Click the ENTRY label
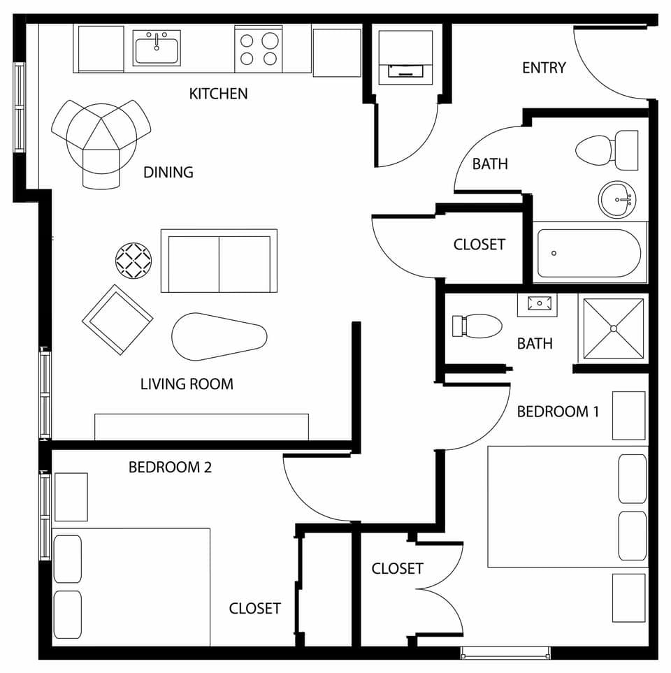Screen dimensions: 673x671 click(x=544, y=68)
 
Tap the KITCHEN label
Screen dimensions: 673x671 click(x=218, y=94)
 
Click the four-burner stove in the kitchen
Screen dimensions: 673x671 click(x=259, y=49)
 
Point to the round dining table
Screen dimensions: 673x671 click(x=101, y=133)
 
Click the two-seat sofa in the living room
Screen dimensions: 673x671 click(x=219, y=261)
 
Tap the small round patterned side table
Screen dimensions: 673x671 click(x=134, y=261)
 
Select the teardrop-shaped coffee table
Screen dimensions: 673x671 click(x=218, y=337)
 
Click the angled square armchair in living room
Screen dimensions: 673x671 click(x=117, y=319)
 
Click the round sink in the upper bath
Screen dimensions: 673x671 click(x=616, y=200)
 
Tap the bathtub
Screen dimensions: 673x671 click(x=589, y=253)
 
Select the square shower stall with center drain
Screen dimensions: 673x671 click(x=613, y=328)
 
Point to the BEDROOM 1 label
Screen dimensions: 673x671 click(x=557, y=412)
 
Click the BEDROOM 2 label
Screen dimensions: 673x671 click(x=170, y=468)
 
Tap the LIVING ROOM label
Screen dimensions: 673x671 click(x=187, y=384)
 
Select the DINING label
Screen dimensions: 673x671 click(x=168, y=172)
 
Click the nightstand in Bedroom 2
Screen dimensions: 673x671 click(x=71, y=497)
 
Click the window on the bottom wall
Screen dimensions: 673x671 click(x=505, y=653)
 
